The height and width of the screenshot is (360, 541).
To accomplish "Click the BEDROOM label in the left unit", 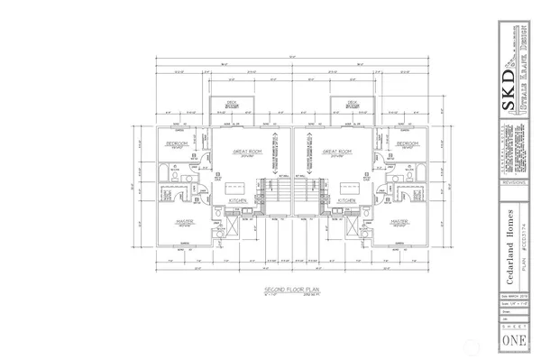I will pyautogui.click(x=179, y=143).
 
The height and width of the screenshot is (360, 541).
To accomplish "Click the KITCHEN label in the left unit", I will pyautogui.click(x=238, y=199).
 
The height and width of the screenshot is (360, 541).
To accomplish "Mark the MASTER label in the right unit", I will pyautogui.click(x=401, y=220).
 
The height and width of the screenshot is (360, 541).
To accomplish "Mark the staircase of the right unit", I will pyautogui.click(x=304, y=195).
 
